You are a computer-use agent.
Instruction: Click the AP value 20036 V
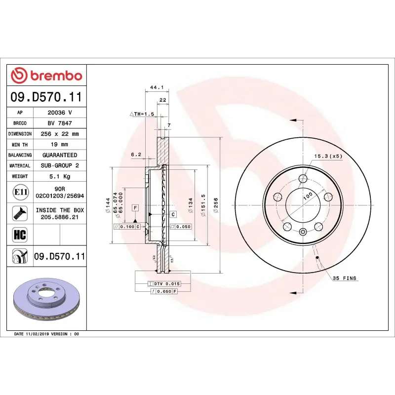(x=59, y=113)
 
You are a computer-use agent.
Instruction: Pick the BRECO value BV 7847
(x=59, y=123)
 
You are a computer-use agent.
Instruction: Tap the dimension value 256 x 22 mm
(x=59, y=134)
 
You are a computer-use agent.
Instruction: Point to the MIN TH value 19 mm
(x=59, y=145)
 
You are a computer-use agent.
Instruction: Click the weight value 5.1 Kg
(x=59, y=176)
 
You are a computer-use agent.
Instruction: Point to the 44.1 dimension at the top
(x=156, y=87)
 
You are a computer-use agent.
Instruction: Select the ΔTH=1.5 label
(x=142, y=114)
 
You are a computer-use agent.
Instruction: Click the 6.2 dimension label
(x=136, y=155)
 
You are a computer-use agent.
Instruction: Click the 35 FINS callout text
(x=344, y=278)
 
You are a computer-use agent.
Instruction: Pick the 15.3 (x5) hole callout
(x=328, y=157)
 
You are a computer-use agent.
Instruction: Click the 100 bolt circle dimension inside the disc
(x=308, y=196)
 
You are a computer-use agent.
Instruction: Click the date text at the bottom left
(x=46, y=334)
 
